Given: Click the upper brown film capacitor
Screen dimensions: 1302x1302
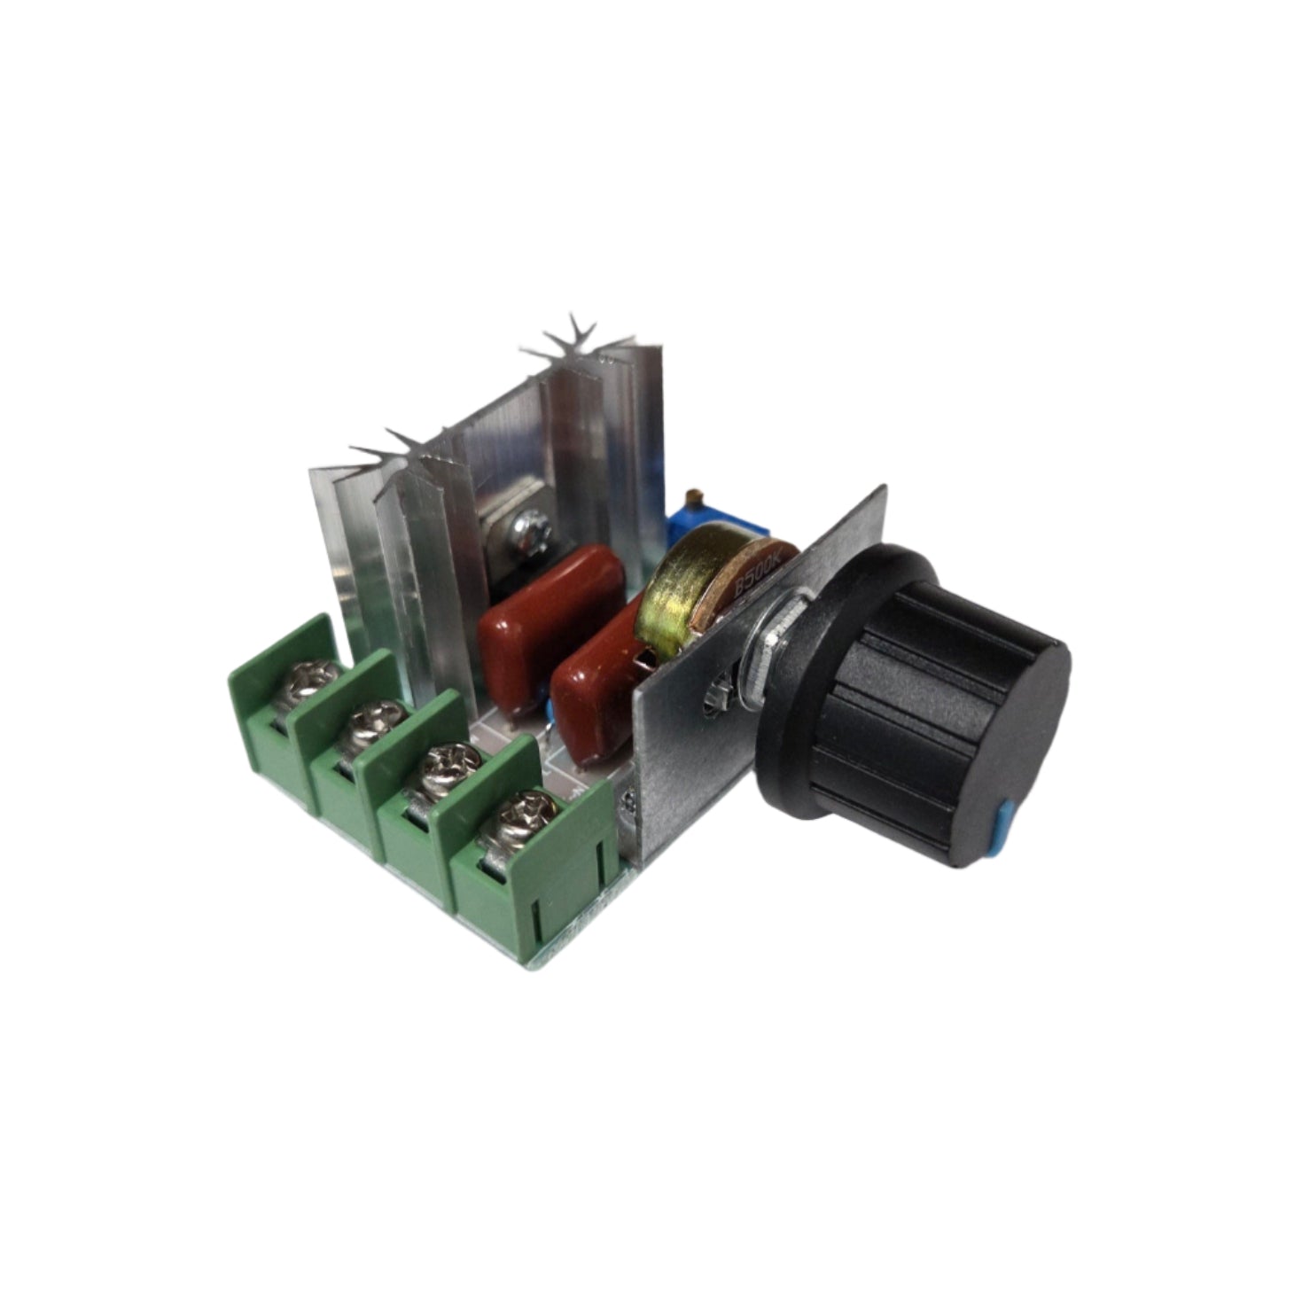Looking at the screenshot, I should tap(545, 612).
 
